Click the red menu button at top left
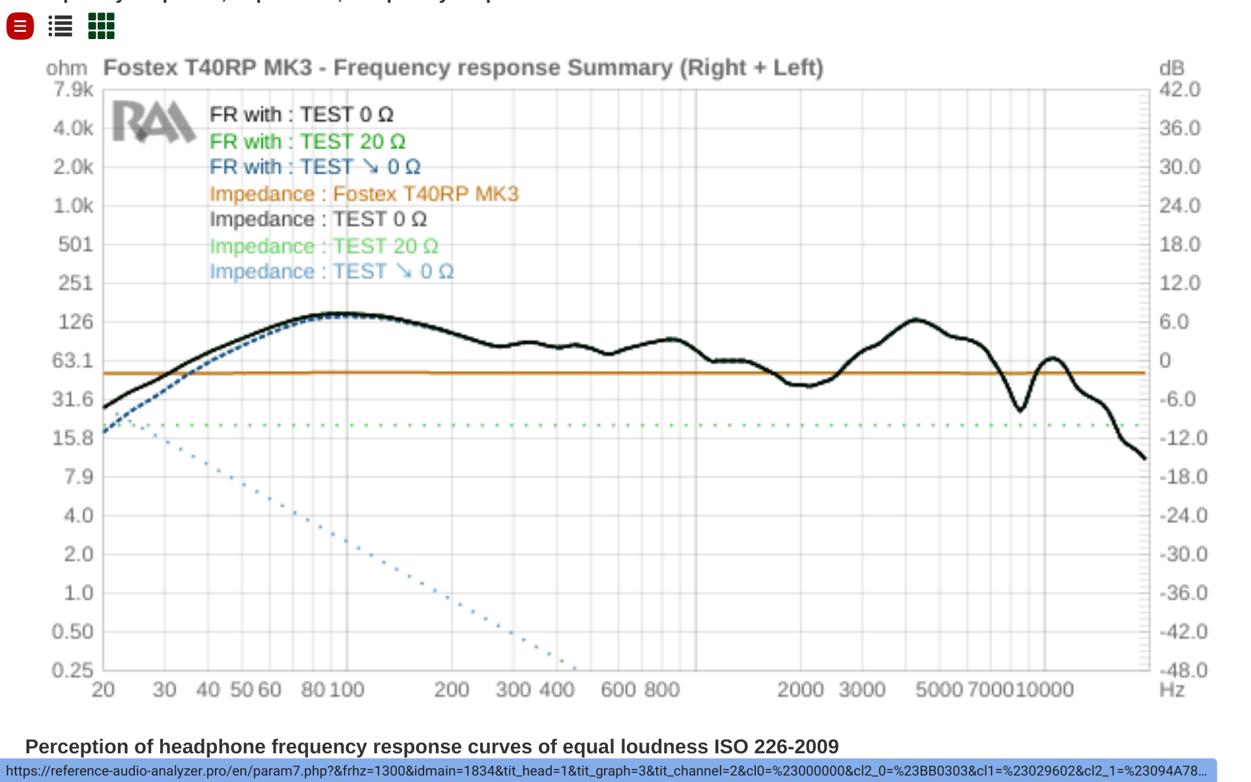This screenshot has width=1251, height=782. coord(20,27)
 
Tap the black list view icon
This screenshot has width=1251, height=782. coord(60,27)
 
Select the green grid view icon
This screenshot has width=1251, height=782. coord(101,27)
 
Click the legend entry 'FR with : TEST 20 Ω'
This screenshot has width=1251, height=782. coord(307,141)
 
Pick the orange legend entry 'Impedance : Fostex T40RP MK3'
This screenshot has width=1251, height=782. coord(364,194)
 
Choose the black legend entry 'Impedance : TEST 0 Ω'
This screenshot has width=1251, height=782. coord(318,220)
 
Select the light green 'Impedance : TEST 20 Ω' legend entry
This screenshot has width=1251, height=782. coord(324,246)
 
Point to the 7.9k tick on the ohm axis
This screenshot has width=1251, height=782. coord(73,89)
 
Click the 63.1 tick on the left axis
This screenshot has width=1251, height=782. coord(73,360)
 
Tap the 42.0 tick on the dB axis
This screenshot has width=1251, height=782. coord(1179,89)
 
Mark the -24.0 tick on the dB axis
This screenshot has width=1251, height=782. coord(1183,515)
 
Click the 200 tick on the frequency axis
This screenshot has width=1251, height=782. coord(452,689)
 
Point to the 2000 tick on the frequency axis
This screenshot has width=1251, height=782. coord(800,689)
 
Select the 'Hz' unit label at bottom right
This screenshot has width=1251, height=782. coord(1172,689)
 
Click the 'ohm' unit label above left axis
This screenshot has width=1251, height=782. coord(66,68)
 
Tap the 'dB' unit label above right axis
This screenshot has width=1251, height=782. coord(1172,68)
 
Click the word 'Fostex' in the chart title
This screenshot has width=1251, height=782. coord(141,68)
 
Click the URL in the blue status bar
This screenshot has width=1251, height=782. coord(606,771)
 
